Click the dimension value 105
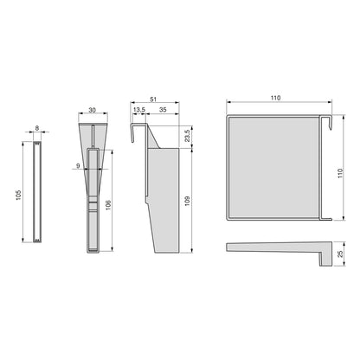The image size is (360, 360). coord(19,196)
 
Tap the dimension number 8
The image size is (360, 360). coord(37,128)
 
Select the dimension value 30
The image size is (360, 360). coord(92,110)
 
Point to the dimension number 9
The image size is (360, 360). coord(78,165)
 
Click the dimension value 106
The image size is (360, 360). coord(108,205)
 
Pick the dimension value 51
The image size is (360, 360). coord(153,100)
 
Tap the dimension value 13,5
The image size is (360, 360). coord(139,110)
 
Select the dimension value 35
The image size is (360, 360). coord(163,110)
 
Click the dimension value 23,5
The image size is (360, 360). coord(187,136)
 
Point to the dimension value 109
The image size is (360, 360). coord(187,201)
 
